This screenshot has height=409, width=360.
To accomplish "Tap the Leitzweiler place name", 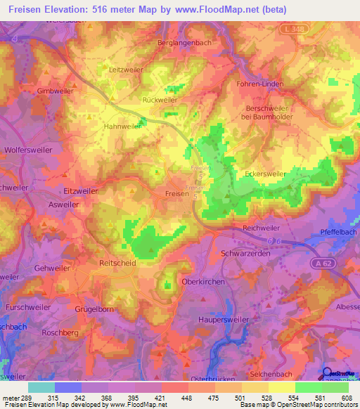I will (127, 70).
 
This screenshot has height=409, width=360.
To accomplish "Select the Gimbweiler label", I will (55, 91).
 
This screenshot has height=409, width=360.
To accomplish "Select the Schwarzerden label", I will (245, 253).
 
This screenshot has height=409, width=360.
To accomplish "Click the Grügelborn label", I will (94, 309).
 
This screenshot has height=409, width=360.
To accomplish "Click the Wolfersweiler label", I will (27, 150).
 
